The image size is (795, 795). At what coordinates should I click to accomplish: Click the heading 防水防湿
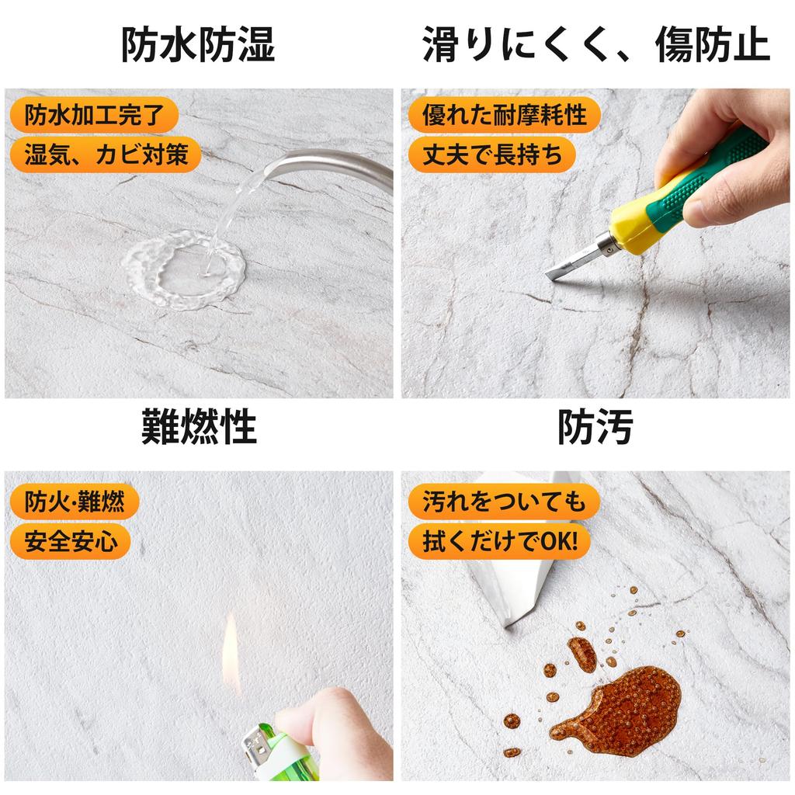pos(198,45)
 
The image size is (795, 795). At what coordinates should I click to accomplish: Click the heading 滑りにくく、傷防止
pos(595,45)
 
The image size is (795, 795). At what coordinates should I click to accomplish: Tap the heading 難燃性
pos(198,426)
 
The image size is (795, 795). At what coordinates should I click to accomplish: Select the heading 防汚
pos(595,426)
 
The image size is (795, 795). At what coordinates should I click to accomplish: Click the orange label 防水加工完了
pos(94,116)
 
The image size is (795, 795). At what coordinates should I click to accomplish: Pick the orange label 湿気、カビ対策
pos(106,154)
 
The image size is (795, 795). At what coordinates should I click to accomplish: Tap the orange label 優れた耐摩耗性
pos(504,116)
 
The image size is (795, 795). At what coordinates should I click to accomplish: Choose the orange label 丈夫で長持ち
pos(492,154)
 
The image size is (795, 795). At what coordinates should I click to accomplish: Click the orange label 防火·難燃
pos(74,502)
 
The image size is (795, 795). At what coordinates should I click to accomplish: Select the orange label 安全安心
pos(71,540)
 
